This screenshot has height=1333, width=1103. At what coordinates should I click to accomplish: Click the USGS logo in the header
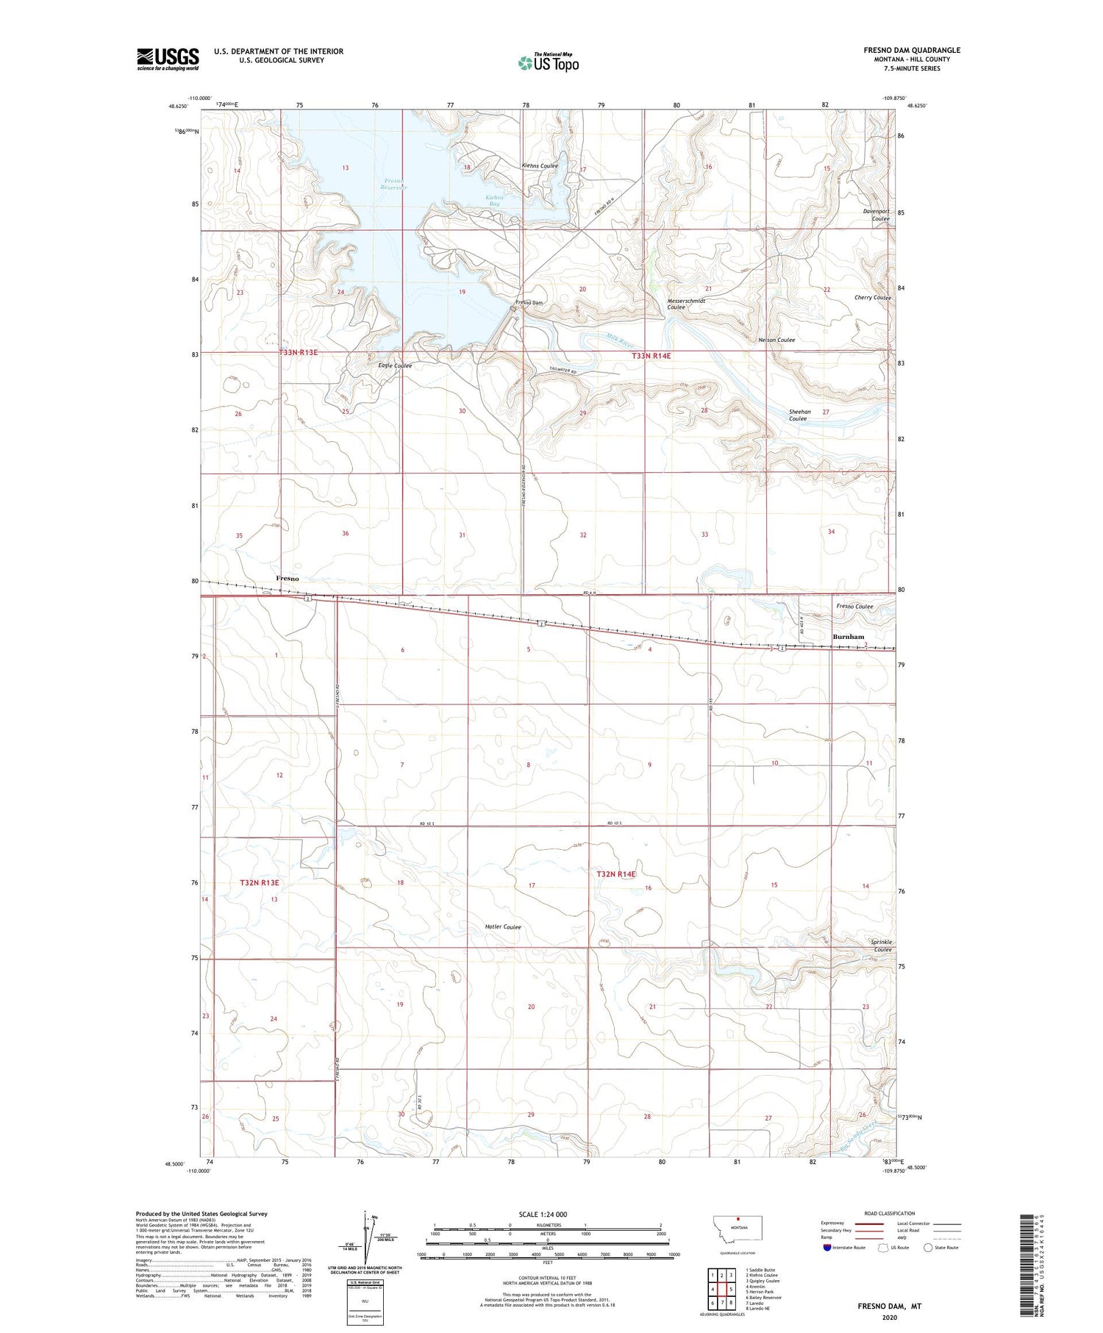(168, 59)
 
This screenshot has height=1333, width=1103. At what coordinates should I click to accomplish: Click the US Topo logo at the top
(548, 62)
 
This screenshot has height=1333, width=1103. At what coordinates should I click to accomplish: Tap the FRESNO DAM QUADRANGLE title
(912, 50)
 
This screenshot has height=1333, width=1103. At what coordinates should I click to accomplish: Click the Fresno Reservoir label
(394, 184)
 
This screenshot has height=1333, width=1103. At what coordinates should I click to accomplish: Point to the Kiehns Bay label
(495, 201)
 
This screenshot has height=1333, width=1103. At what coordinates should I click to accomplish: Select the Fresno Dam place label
(529, 303)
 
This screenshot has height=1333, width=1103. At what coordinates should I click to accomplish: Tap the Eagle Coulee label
(395, 365)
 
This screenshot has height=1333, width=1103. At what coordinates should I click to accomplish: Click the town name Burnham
(848, 637)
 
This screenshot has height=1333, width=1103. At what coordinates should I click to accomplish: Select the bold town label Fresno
(288, 579)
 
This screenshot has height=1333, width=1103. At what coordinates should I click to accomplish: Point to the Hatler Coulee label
(502, 926)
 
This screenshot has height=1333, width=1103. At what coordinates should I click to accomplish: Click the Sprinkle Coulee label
(880, 946)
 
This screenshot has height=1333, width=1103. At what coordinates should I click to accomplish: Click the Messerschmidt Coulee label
(685, 304)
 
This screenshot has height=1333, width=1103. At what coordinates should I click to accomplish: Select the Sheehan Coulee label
(799, 415)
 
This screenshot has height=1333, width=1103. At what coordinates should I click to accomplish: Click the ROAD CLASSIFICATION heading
(890, 1213)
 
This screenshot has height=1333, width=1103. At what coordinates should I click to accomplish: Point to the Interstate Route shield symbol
(827, 1248)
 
